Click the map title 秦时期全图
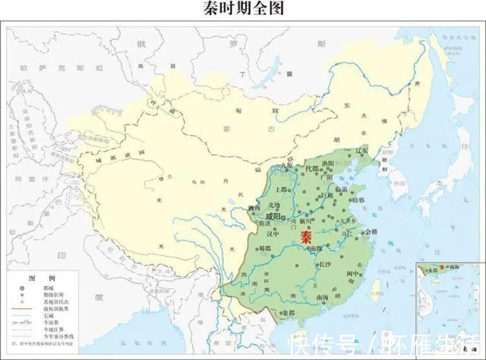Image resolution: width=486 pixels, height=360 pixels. [x=243, y=8]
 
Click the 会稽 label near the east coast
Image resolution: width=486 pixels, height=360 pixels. [x=371, y=232]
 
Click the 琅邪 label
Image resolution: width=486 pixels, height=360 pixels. [x=358, y=200]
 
